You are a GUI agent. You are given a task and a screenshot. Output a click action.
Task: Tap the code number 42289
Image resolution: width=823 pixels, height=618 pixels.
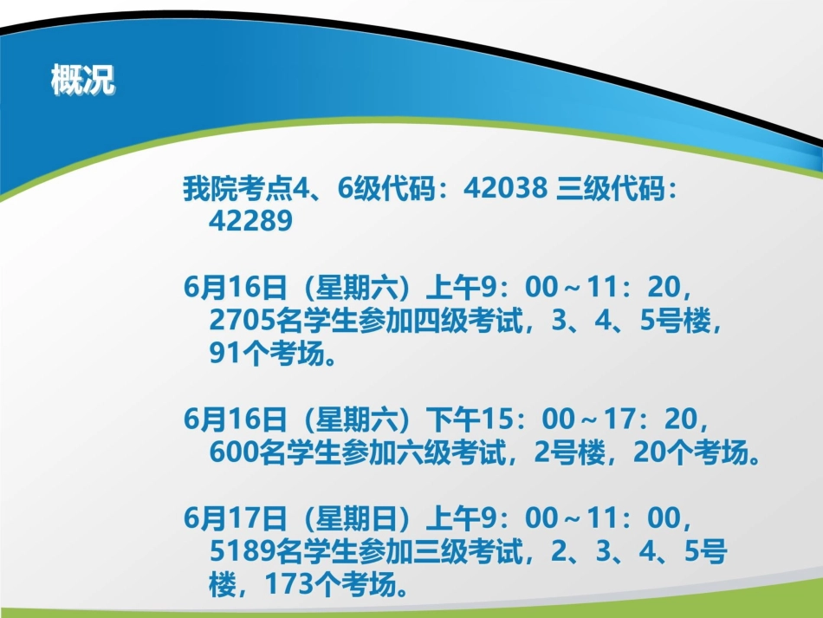click(x=251, y=221)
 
